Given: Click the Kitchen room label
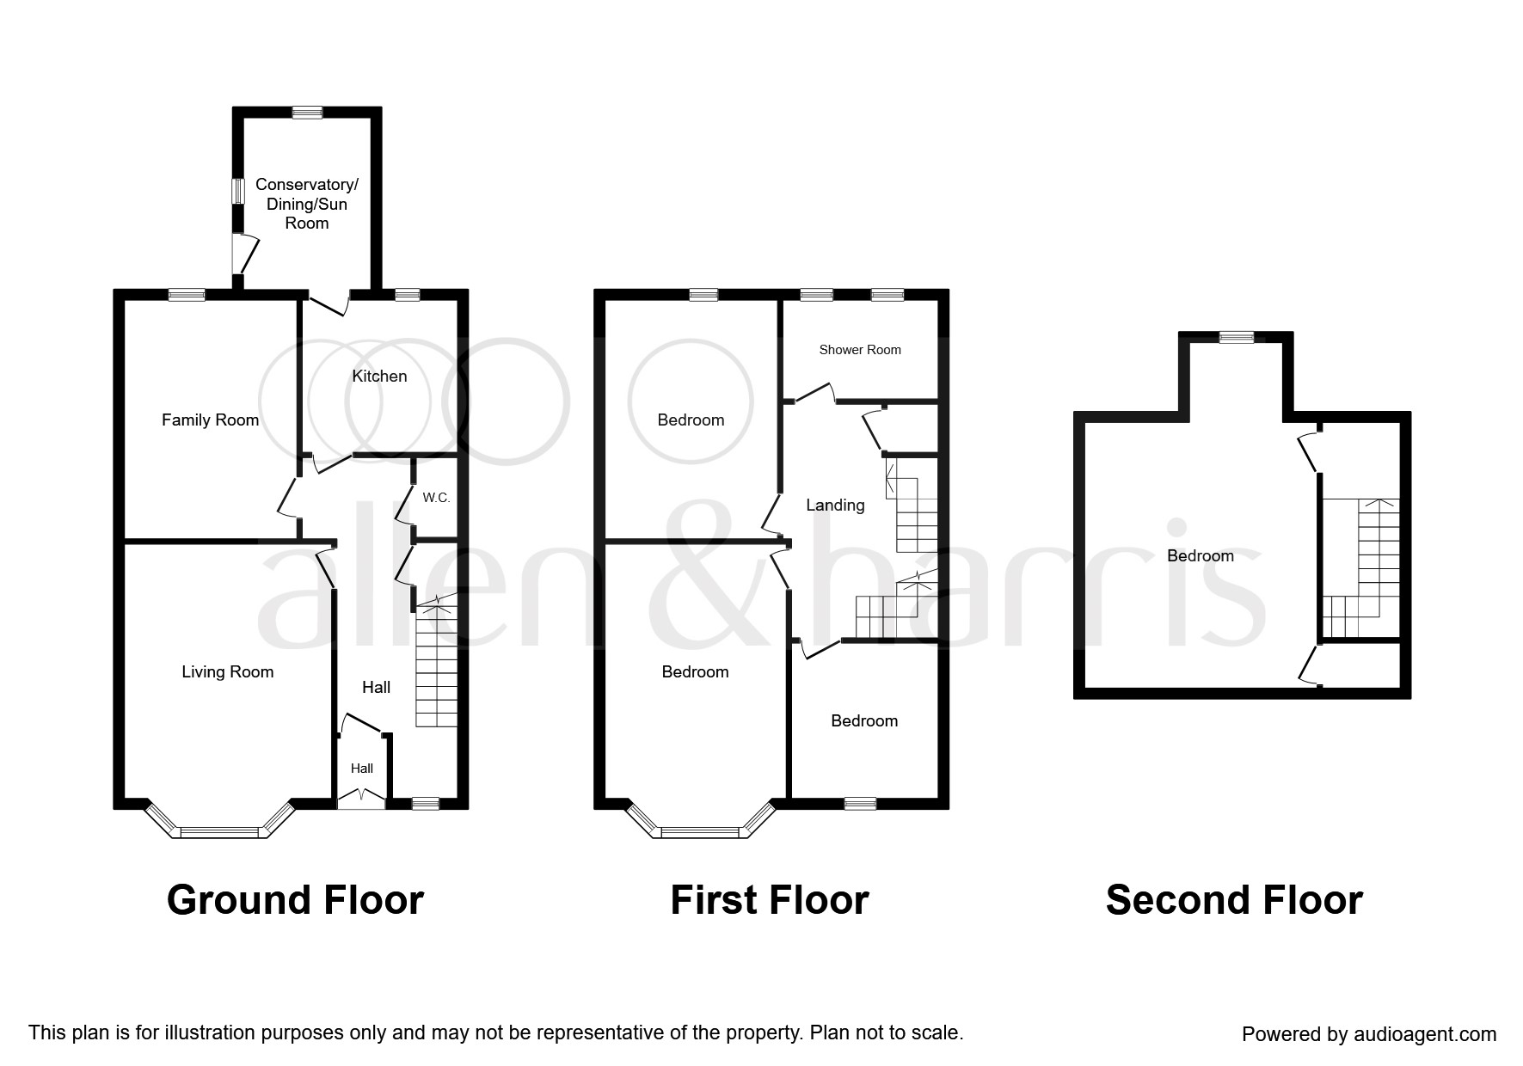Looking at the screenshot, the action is click(x=379, y=377).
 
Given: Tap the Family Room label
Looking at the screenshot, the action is click(x=210, y=420).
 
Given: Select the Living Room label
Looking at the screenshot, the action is click(x=227, y=672).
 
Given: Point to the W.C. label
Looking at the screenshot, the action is click(x=436, y=498).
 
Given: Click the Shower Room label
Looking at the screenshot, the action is click(x=860, y=350).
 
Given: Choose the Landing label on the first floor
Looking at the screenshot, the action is click(x=835, y=505).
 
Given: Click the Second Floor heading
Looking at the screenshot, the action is click(x=1234, y=900).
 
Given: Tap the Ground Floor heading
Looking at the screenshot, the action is click(x=295, y=900).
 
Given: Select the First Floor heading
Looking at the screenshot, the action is click(x=770, y=900).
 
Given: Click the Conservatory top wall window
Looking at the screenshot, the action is click(x=307, y=112).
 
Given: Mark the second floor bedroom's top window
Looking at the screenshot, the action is click(x=1237, y=337).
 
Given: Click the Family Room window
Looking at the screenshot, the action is click(x=187, y=295).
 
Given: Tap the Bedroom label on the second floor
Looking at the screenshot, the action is click(x=1201, y=556).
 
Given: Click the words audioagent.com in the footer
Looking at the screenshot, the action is click(x=1425, y=1034).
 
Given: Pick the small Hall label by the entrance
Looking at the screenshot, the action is click(x=362, y=769).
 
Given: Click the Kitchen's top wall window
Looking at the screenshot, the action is click(x=407, y=295).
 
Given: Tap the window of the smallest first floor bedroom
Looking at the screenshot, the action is click(x=860, y=804).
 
